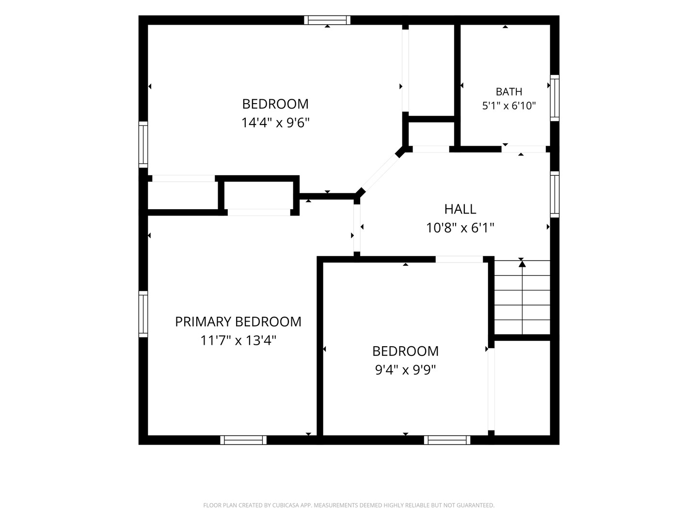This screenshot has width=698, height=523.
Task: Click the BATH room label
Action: pos(509,92)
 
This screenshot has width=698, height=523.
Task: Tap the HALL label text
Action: pos(460,209)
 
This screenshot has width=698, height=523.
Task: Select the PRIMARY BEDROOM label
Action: pos(238,322)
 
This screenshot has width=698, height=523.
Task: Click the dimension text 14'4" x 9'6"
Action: pos(275,123)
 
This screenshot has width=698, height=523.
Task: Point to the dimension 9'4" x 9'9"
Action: pos(405,369)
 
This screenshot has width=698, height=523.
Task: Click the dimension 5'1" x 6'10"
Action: pos(509,106)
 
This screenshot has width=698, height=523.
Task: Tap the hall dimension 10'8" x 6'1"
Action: pos(460,228)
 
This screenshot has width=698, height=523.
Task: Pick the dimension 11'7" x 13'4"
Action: pos(238,341)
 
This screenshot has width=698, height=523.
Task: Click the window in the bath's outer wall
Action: pos(555,98)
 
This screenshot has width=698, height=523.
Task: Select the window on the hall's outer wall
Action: pos(555,194)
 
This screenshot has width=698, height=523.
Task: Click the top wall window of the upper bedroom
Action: pos(327,20)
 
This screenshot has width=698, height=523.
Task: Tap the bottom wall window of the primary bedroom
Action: pos(243,440)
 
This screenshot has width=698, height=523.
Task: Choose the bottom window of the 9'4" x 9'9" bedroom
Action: pos(447,440)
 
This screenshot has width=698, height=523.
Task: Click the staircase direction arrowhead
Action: pos(522,263)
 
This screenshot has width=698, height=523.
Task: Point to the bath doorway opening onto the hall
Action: pos(523,149)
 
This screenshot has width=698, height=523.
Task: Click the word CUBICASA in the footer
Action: pos(285,505)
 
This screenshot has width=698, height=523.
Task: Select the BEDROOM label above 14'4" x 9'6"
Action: pos(275,104)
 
